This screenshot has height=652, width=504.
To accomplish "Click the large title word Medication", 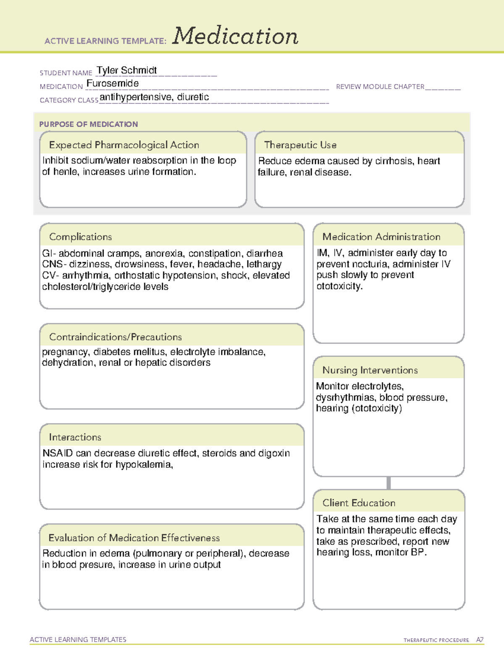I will tap(235, 36).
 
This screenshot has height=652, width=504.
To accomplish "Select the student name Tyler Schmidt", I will tap(126, 70).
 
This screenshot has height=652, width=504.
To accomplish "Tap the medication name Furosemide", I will tap(113, 84).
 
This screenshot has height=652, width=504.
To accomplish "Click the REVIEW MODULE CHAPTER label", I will tap(380, 86).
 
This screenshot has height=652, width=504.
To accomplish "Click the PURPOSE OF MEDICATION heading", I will tap(88, 124).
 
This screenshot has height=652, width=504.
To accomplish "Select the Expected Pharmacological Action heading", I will tap(124, 145).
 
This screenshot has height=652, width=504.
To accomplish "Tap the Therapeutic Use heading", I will tap(300, 145).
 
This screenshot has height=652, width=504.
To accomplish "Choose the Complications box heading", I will tap(80, 237).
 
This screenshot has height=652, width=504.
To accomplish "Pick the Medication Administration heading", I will tap(381, 237).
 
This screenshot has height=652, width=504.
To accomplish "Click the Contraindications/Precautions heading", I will tap(115, 337).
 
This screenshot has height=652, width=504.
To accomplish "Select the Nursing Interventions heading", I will tap(370, 370).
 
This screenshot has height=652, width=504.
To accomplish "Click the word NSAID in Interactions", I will tap(58, 453).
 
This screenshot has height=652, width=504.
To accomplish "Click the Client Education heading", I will tap(359, 503).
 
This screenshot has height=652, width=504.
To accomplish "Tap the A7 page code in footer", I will tap(479, 640).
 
